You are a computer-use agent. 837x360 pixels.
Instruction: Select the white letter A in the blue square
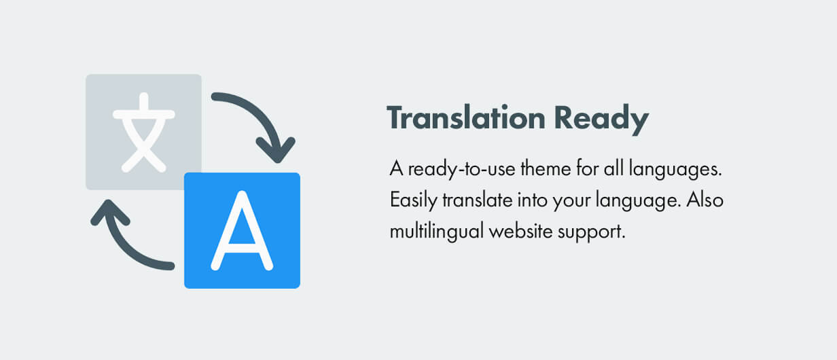tap(242, 231)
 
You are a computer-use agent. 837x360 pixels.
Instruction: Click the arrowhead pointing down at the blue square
tap(277, 149)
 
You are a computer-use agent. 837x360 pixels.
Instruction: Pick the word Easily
tap(413, 200)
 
